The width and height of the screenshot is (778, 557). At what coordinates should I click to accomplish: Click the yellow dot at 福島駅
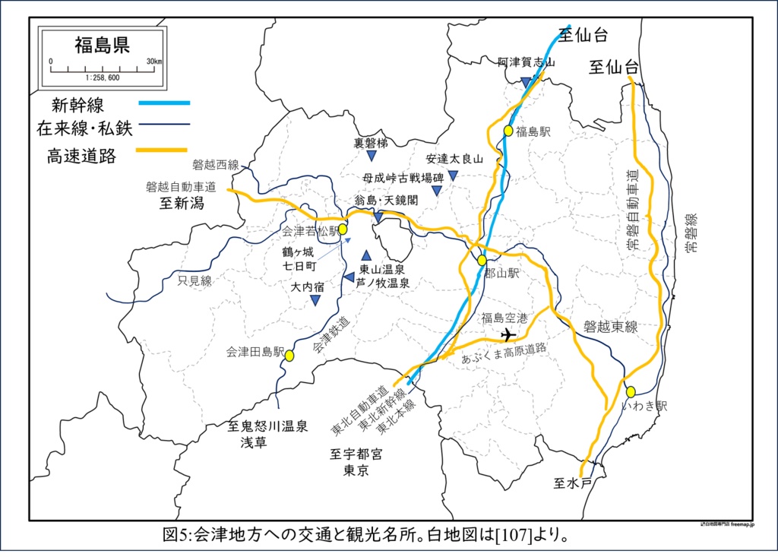(x=508, y=131)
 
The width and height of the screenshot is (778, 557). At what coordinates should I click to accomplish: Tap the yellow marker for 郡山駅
(x=482, y=261)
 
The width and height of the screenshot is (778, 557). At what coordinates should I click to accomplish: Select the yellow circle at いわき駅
(x=631, y=392)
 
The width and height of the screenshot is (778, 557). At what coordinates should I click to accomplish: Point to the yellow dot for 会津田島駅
(x=289, y=355)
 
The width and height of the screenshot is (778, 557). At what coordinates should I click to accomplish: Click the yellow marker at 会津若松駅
(x=343, y=229)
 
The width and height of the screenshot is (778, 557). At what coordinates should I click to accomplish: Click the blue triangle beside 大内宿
(x=315, y=301)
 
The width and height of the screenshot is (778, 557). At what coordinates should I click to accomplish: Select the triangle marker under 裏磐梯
(x=372, y=156)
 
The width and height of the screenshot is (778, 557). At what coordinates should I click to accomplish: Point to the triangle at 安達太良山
(x=453, y=176)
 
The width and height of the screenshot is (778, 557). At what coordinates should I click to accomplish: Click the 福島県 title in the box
(x=102, y=45)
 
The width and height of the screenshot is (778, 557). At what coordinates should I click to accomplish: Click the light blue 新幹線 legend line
(x=164, y=103)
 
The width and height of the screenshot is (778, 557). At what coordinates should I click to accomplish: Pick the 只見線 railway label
(x=195, y=281)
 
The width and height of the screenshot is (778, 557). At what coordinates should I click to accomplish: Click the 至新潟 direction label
(x=181, y=204)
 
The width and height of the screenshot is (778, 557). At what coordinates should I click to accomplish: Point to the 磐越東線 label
(x=611, y=327)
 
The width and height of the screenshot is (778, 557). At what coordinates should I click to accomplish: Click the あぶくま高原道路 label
(x=504, y=355)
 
